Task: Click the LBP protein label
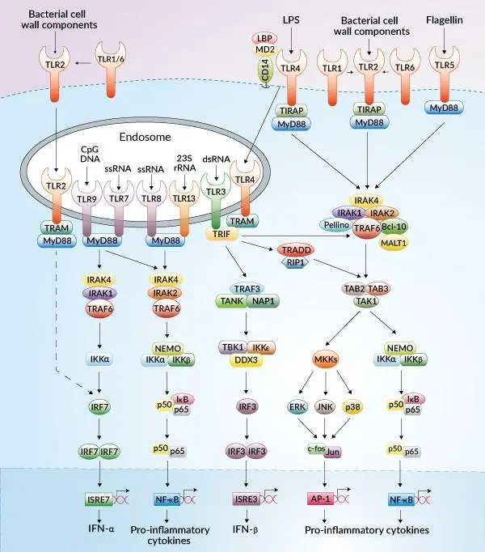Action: [x=264, y=39]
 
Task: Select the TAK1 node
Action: [x=367, y=299]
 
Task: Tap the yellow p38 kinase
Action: [x=353, y=406]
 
